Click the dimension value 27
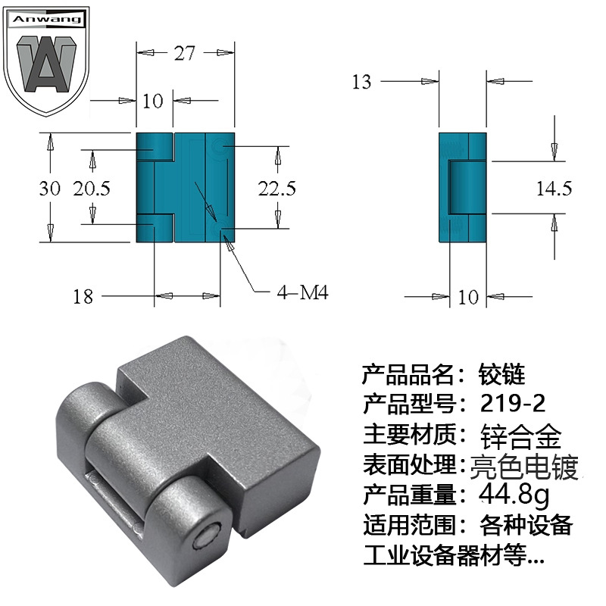(x=185, y=53)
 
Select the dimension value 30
(x=49, y=189)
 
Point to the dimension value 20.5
(x=92, y=189)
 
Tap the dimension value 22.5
(x=276, y=189)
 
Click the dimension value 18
(x=83, y=296)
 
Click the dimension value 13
(x=361, y=82)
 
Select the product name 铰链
(x=501, y=373)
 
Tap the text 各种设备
(x=526, y=525)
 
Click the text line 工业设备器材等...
(x=453, y=557)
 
